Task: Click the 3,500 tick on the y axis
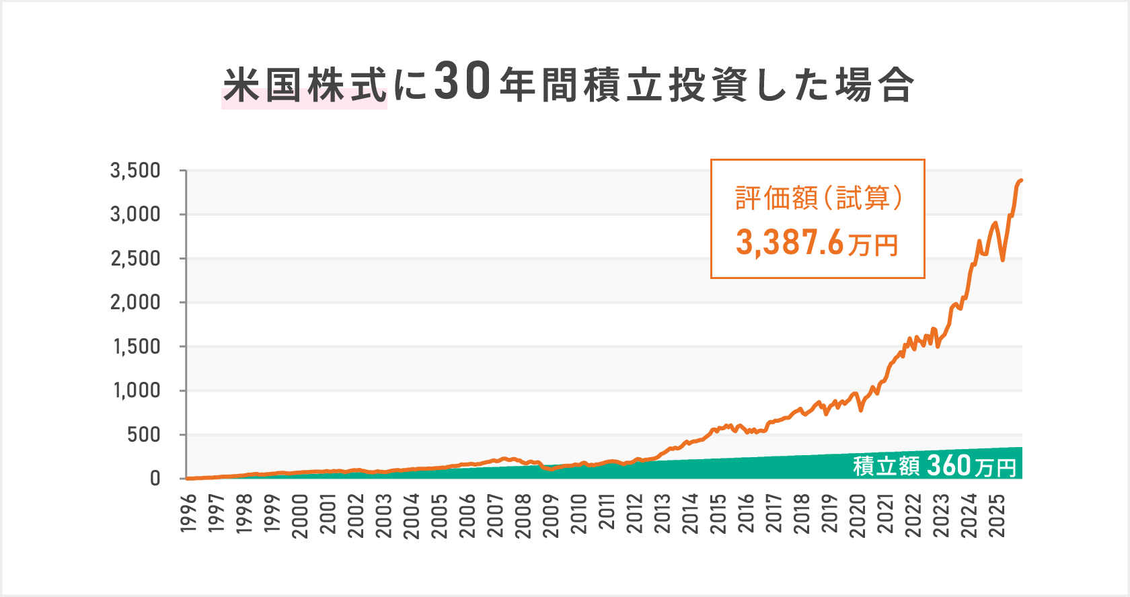(x=136, y=171)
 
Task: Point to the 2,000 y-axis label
(x=136, y=303)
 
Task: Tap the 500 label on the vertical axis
(x=144, y=435)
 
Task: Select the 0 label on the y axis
(x=155, y=479)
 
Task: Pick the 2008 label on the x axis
(x=523, y=516)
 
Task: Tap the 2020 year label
(x=858, y=516)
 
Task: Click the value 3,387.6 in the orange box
(x=789, y=243)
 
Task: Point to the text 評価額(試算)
(x=818, y=198)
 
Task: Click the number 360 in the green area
(x=948, y=465)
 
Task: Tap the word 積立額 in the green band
(x=886, y=466)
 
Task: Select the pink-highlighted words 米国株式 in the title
(x=305, y=86)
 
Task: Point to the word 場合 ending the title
(x=874, y=86)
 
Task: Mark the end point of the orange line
(x=1021, y=180)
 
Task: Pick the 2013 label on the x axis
(x=663, y=516)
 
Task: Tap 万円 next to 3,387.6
(x=873, y=245)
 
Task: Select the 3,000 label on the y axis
(x=136, y=214)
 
